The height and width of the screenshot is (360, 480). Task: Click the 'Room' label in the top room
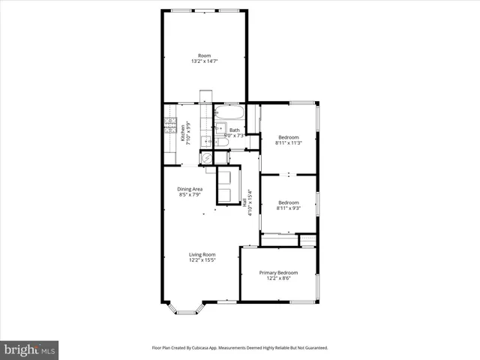coord(204,56)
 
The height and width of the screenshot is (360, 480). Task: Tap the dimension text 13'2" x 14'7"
coord(204,62)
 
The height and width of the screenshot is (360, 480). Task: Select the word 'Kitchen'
coord(182,135)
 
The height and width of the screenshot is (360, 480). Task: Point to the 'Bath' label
coord(235,130)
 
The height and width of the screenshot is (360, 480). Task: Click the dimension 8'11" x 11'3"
coord(289,142)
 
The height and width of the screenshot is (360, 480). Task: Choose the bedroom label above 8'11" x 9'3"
coord(289,202)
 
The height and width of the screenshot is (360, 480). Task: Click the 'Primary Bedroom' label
coord(278,272)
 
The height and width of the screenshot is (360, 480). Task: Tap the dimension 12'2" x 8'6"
coord(278,278)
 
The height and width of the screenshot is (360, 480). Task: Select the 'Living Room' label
coord(202,254)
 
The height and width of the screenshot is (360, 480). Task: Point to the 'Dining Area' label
coord(190,189)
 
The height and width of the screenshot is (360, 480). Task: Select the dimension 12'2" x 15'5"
coord(202,260)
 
